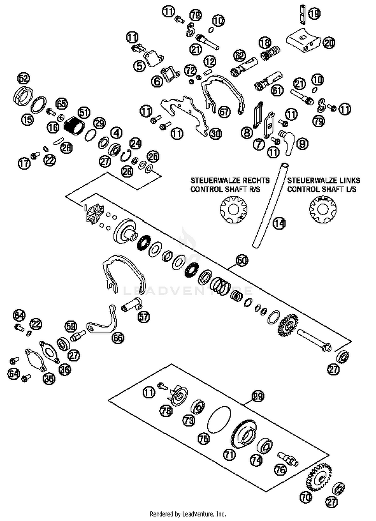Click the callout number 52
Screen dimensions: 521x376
point(23,79)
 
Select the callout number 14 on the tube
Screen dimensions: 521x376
point(279,223)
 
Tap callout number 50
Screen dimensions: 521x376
point(242,260)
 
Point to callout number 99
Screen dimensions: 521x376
point(258,396)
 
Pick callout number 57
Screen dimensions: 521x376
point(143,317)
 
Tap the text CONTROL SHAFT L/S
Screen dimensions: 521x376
point(322,189)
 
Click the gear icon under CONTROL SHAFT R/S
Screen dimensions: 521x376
point(233,209)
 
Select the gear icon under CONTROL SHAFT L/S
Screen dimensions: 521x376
point(323,209)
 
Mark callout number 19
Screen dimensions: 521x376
point(314,13)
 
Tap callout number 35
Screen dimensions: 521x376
point(49,378)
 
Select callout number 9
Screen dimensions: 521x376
point(302,143)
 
